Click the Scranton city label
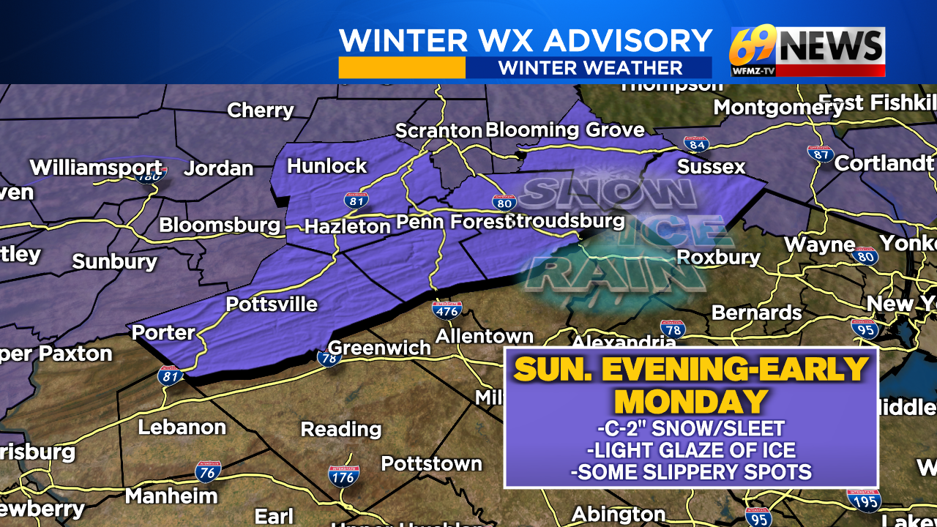click(x=438, y=130)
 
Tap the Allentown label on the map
click(x=485, y=336)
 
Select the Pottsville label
click(x=272, y=304)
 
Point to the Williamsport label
click(x=96, y=167)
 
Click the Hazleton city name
click(x=347, y=226)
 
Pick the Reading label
click(x=341, y=428)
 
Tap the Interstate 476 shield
click(x=447, y=310)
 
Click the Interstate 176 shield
click(x=343, y=476)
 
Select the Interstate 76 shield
click(x=209, y=471)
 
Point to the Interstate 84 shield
click(x=695, y=143)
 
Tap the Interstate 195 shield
click(x=863, y=499)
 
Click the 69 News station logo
click(x=807, y=52)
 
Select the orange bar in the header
click(x=402, y=68)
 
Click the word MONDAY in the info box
click(x=691, y=401)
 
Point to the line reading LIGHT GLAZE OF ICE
click(x=691, y=451)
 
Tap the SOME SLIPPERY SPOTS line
click(x=691, y=473)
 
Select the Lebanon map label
click(x=182, y=426)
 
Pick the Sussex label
click(x=711, y=166)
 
